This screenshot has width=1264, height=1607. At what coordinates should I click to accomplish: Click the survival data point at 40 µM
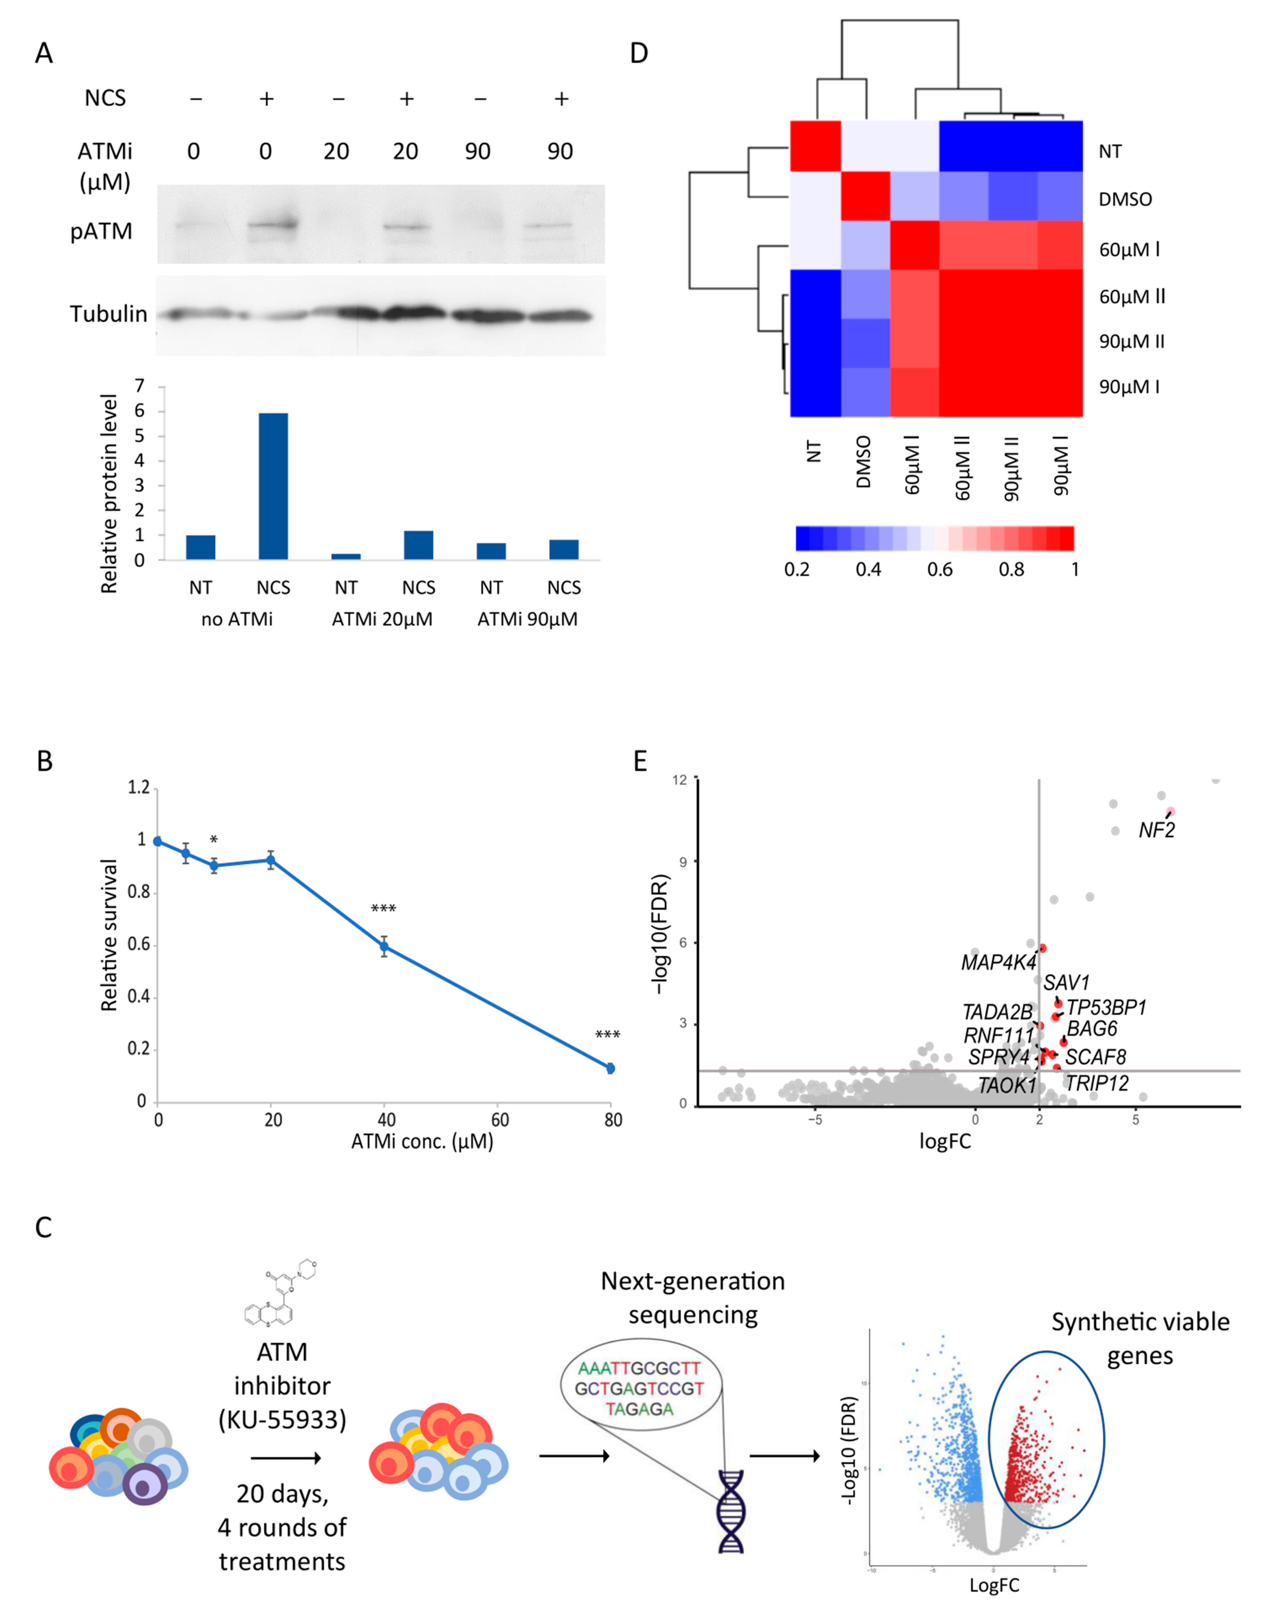[384, 946]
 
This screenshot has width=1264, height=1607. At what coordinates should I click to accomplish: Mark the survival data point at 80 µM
[611, 1068]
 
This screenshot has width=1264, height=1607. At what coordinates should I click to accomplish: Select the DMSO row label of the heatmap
[1125, 199]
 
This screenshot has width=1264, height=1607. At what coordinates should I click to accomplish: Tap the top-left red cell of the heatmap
[815, 146]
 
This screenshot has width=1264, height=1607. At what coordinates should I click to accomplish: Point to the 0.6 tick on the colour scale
[940, 569]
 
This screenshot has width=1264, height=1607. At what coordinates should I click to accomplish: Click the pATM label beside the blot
[101, 232]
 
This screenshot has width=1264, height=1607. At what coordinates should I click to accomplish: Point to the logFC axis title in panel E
[945, 1141]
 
